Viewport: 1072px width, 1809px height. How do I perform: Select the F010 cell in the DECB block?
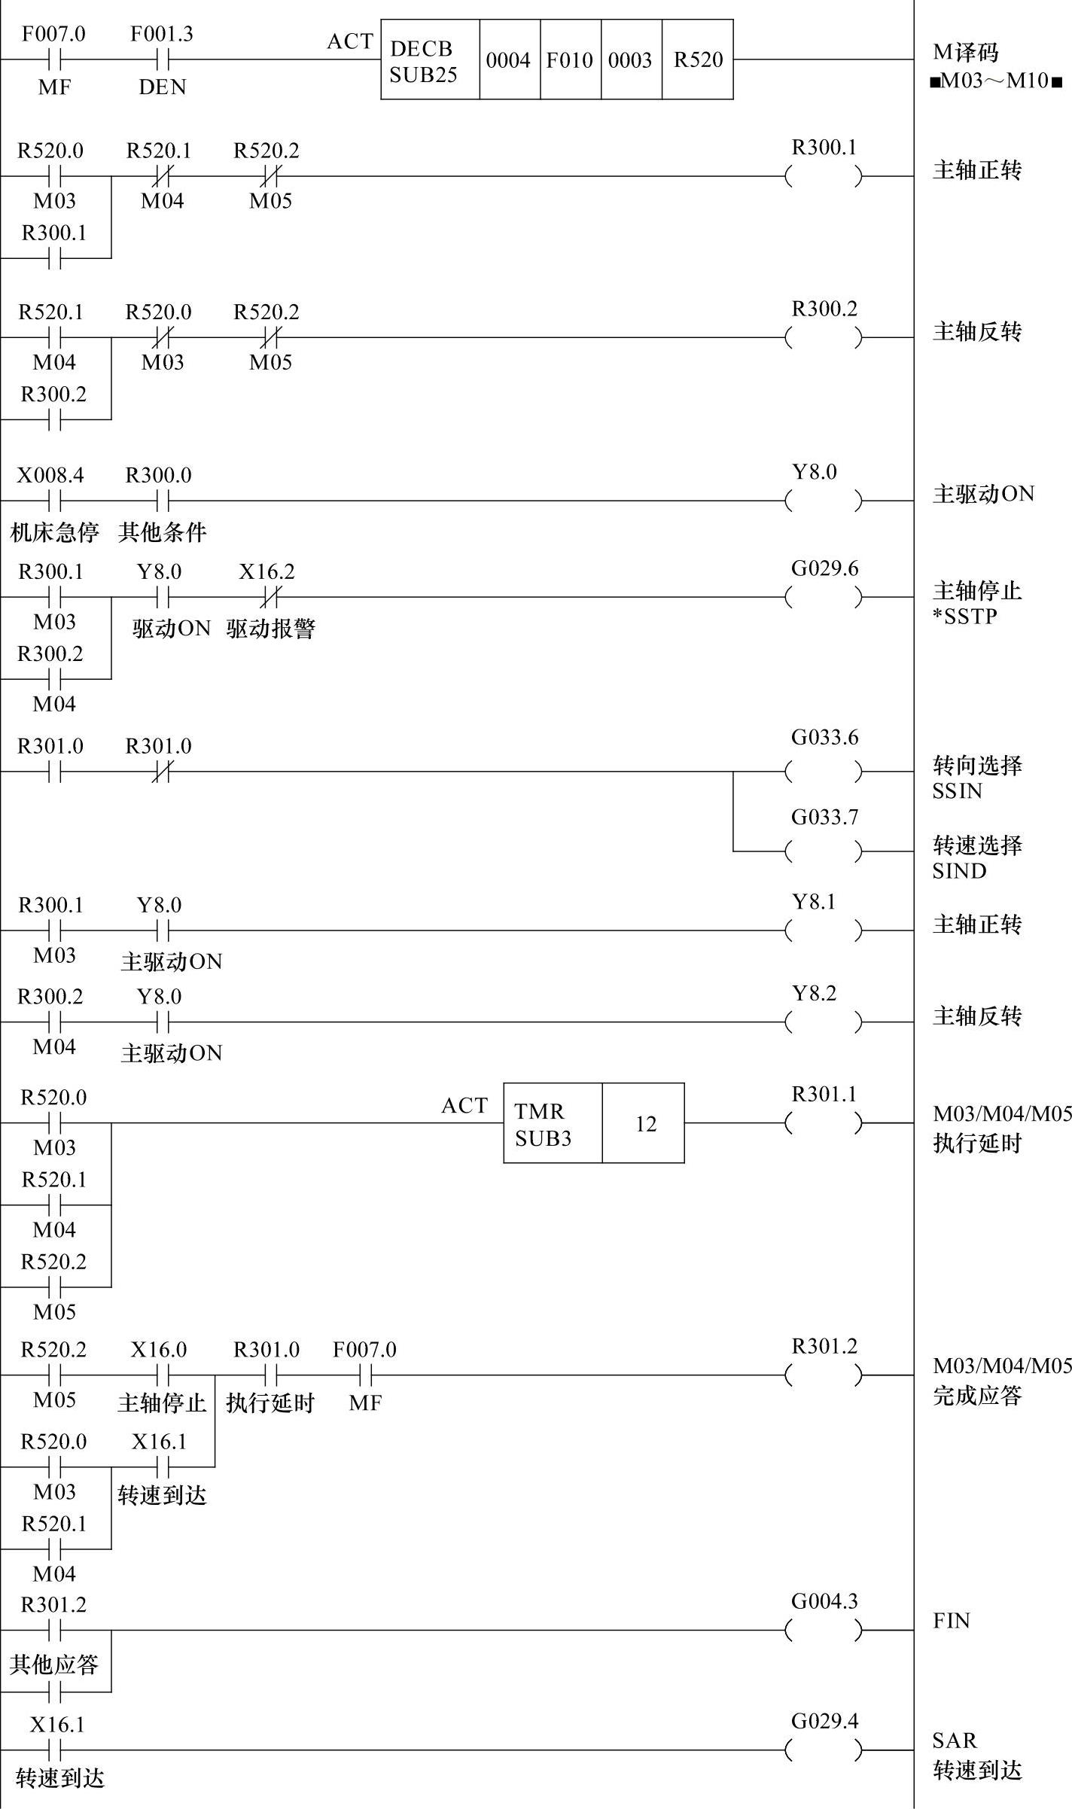(x=570, y=60)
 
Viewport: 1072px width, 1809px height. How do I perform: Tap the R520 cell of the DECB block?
(x=697, y=60)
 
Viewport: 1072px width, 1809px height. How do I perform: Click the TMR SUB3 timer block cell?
(x=552, y=1124)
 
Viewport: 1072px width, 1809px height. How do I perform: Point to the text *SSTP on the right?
(x=965, y=617)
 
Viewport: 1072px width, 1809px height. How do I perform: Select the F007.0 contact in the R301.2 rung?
(x=365, y=1375)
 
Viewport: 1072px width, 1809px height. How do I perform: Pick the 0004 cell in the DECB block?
(x=509, y=60)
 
